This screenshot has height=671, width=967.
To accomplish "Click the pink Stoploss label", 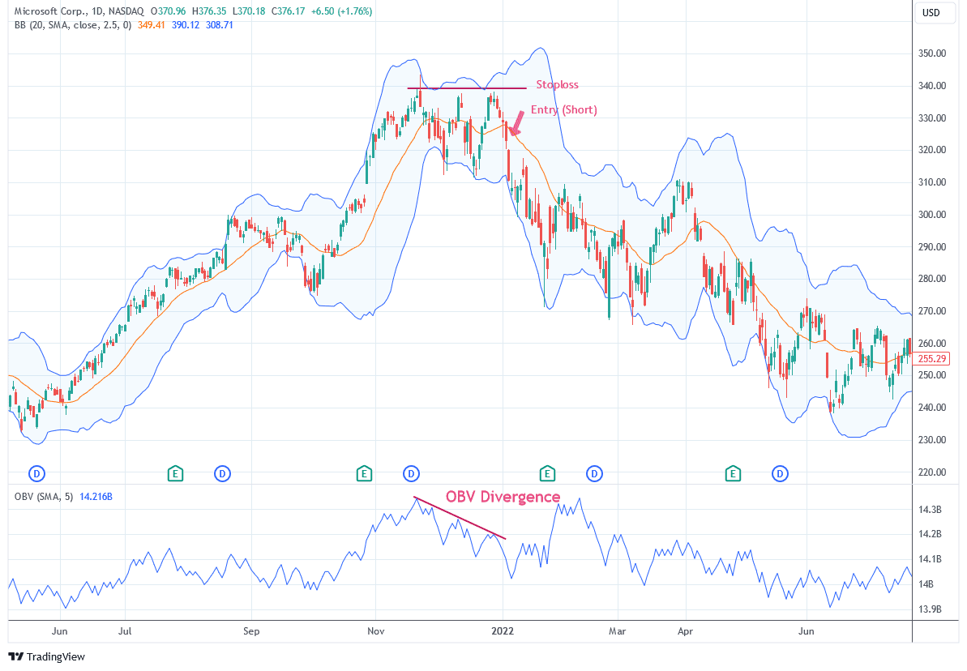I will point(557,84).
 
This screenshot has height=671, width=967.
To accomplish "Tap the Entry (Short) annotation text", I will point(563,109).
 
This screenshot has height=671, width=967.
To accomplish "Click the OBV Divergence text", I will point(503,497).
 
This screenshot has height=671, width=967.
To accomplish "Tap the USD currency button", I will point(931,13).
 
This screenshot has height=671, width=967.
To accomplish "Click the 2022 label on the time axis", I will point(503,630).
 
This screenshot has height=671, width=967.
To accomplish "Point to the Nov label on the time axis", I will point(375,630).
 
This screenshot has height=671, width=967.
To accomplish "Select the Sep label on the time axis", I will point(251,630).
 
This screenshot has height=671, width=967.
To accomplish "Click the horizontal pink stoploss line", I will point(467,88).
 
